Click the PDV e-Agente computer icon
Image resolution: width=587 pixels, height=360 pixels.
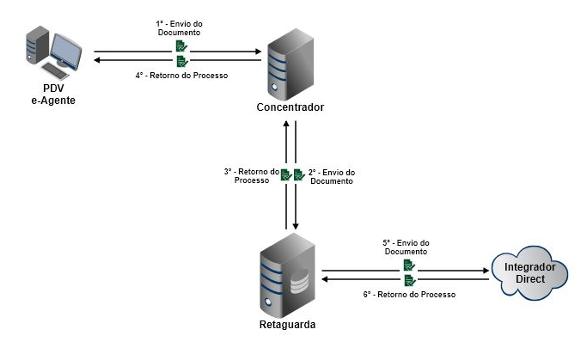[53, 52]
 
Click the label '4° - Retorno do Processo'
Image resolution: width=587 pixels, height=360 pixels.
[180, 76]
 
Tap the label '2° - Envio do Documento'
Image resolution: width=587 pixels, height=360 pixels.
[331, 175]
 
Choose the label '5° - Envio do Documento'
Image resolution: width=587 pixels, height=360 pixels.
[407, 247]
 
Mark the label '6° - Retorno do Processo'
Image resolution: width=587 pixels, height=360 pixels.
[410, 294]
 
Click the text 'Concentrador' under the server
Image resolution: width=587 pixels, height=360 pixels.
[290, 107]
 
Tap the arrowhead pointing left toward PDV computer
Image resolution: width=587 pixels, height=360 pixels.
[97, 60]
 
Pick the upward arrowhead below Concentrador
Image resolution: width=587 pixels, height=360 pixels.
[285, 125]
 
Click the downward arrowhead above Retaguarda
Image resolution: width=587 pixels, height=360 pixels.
[297, 222]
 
